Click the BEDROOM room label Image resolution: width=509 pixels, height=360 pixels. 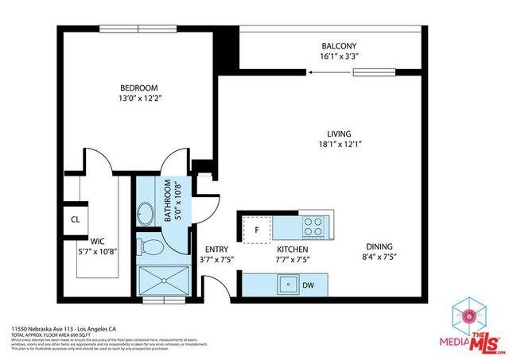(139, 87)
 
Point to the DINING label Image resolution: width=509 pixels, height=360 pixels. (379, 246)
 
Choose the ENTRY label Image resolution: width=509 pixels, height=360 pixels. (217, 249)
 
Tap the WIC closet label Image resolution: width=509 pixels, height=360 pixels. (98, 239)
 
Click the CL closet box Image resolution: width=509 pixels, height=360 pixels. (76, 219)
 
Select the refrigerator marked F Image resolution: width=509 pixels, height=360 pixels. (257, 230)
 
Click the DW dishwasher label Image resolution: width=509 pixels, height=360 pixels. (309, 284)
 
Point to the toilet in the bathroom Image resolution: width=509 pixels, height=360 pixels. (150, 246)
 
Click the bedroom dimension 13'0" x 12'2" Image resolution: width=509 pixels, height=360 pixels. (139, 99)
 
